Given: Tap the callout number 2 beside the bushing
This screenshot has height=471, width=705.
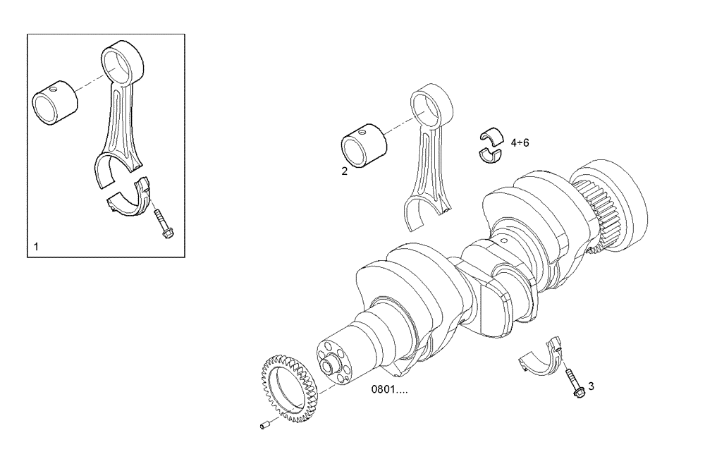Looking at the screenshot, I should click(344, 171).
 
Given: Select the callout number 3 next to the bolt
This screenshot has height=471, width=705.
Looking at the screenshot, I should click(591, 386).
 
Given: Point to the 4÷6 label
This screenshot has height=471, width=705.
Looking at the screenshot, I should click(519, 142).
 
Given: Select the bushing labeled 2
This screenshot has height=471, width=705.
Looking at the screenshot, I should click(364, 147).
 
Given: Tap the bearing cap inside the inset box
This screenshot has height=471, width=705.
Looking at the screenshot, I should click(130, 197).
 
